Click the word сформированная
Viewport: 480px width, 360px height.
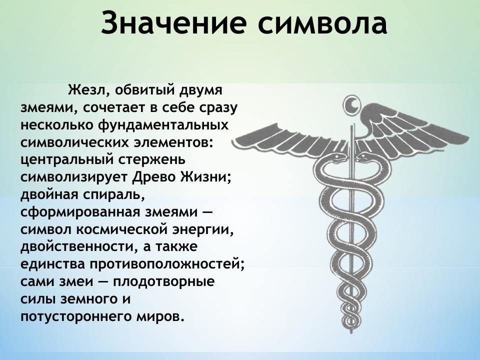point(76,212)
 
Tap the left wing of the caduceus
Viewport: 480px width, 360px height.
point(285,132)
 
